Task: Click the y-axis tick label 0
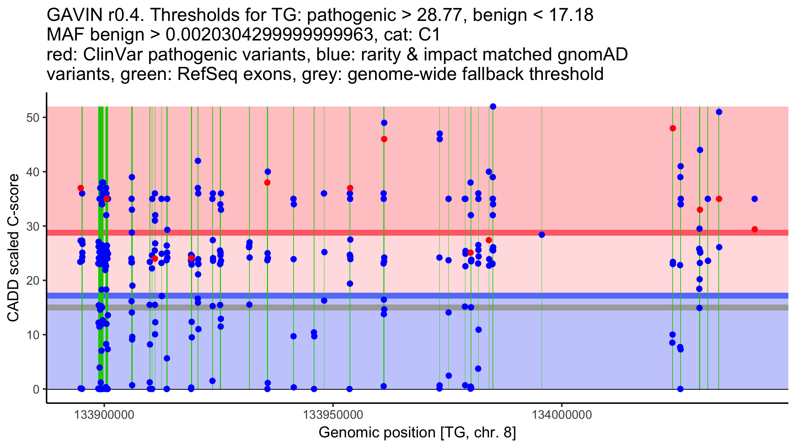pos(36,389)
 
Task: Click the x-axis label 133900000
pos(104,415)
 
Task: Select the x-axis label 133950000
pos(333,415)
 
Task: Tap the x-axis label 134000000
pos(562,415)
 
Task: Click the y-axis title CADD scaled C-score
pos(13,248)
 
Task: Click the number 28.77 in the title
pos(440,15)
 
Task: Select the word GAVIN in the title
pos(75,15)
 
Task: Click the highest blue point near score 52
pos(493,107)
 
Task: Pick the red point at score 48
pos(673,128)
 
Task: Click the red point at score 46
pos(384,139)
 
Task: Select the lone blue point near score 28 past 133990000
pos(542,235)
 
